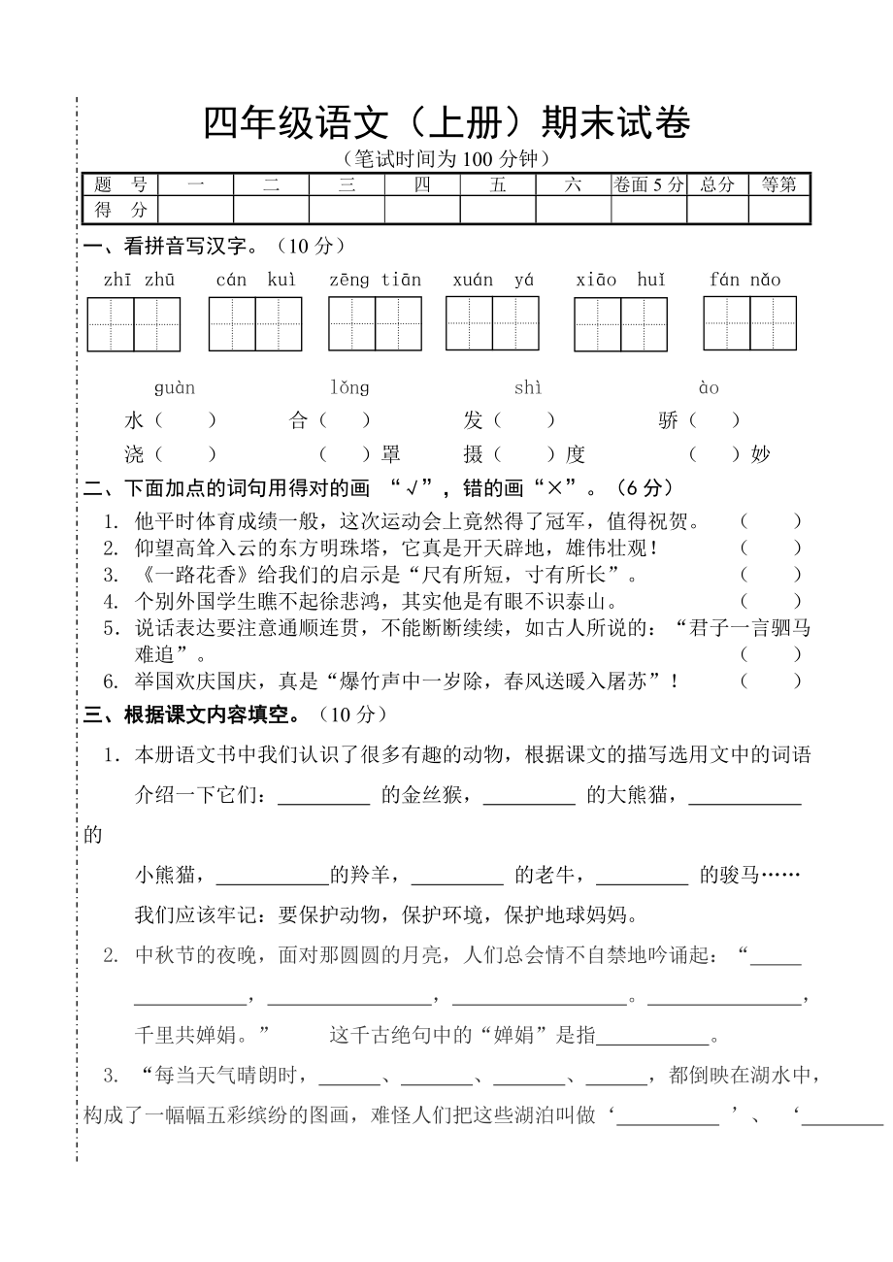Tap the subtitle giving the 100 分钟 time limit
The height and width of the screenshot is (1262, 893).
point(446,158)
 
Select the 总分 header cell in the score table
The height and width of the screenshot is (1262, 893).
point(717,184)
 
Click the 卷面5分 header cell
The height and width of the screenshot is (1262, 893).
point(648,184)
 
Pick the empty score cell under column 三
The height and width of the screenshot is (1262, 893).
point(347,210)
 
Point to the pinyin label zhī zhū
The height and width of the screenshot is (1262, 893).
point(139,281)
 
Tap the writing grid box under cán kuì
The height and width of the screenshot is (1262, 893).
point(255,324)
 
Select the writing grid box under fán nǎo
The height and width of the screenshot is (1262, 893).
point(749,323)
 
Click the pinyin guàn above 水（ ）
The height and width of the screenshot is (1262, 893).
point(175,388)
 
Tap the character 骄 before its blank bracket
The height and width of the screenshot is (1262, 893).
point(668,421)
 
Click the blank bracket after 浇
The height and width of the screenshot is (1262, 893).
point(185,454)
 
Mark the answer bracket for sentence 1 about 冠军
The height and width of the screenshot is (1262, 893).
point(771,522)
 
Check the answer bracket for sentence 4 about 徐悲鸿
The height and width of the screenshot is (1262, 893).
point(771,602)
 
